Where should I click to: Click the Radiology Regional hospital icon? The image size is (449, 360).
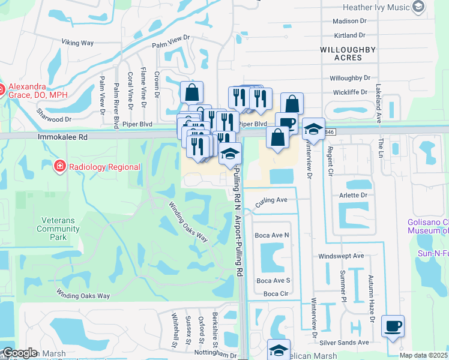tap(59, 166)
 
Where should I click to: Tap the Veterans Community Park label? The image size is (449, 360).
tap(58, 229)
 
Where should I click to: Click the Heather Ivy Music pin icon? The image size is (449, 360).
tap(419, 7)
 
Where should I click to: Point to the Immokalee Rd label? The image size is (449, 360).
tap(62, 137)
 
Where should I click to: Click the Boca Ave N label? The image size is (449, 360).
tap(272, 235)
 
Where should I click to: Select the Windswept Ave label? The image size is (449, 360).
tap(341, 256)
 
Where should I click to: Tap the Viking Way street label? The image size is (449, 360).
tap(78, 43)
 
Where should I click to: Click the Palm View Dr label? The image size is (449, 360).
tap(170, 40)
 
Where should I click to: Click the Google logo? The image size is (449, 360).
tap(20, 353)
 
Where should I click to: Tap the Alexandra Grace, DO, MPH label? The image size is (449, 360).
tap(34, 90)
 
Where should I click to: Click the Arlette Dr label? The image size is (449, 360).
tap(354, 195)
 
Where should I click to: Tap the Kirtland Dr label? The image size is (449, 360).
tap(349, 36)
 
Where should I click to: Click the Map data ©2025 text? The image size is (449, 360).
tap(423, 355)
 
